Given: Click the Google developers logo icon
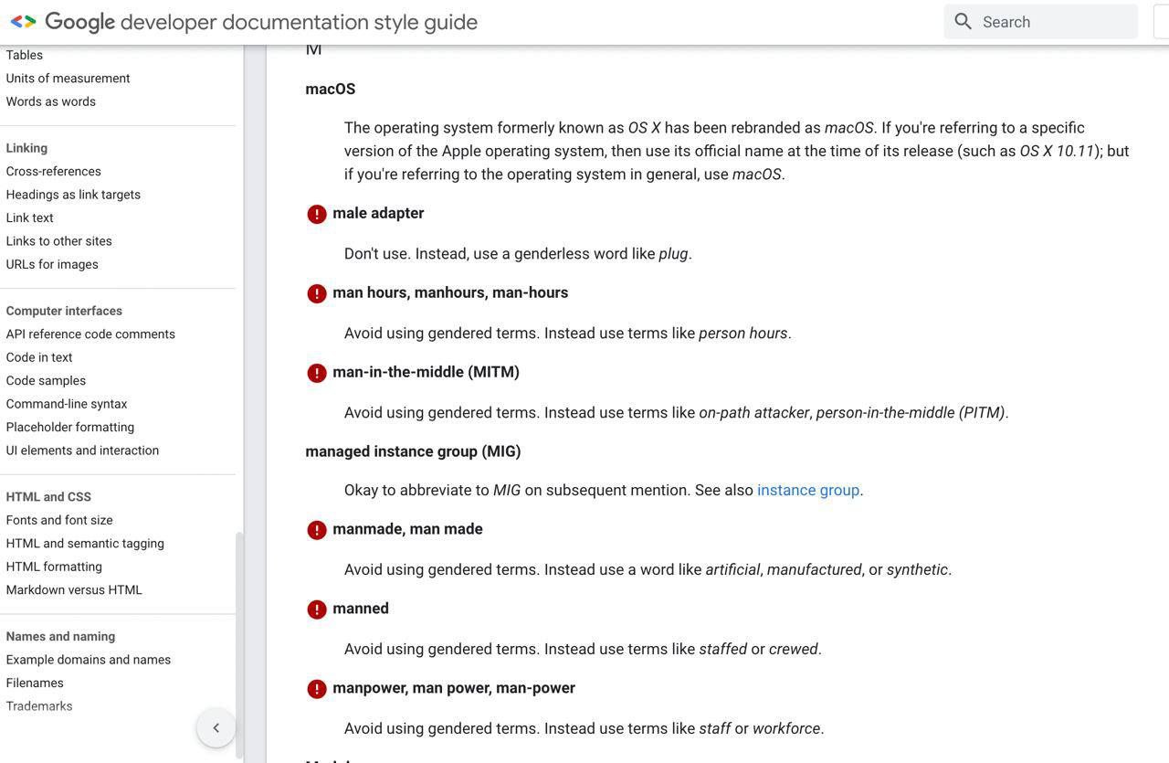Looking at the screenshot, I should [x=23, y=22].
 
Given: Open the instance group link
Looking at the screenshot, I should [x=808, y=491].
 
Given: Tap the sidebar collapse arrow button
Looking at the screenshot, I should [x=216, y=728].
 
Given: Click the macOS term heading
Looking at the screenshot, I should [x=331, y=90].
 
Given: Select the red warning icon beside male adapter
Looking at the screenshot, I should [x=317, y=215].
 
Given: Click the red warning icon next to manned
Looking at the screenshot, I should [x=317, y=610].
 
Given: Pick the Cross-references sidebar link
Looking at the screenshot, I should [x=54, y=172].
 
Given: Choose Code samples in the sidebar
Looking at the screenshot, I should [x=46, y=381].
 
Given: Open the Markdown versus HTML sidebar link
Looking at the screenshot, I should [x=74, y=590].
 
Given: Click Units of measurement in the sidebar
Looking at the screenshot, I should [x=68, y=79].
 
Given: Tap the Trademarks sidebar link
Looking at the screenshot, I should [x=39, y=706].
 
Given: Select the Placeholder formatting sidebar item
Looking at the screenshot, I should [x=70, y=428].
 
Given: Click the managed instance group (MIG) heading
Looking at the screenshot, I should [x=413, y=451].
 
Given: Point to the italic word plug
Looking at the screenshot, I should [x=673, y=254].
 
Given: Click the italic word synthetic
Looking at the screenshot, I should [x=917, y=570].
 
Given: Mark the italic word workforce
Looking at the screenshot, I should [x=786, y=729].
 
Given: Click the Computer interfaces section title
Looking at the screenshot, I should [x=64, y=312].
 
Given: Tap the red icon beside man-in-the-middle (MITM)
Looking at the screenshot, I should [x=317, y=374].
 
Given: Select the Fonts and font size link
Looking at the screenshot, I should [x=59, y=521].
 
